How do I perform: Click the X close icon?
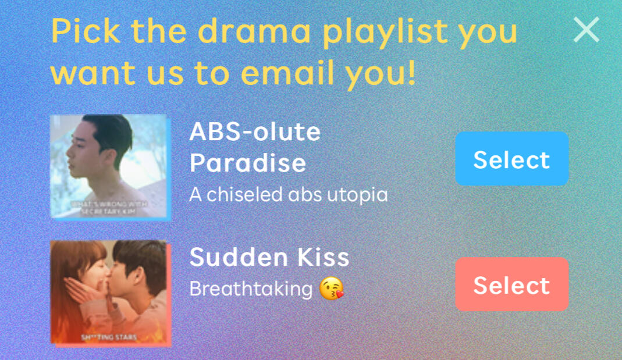click(587, 29)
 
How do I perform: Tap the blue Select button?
click(511, 159)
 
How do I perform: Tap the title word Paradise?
click(247, 163)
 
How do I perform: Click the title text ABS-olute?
click(255, 131)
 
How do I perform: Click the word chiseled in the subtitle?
click(244, 194)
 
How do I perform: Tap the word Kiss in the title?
click(324, 257)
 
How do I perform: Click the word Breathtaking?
click(251, 289)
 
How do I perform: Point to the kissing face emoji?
click(332, 288)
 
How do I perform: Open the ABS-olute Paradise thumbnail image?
click(111, 167)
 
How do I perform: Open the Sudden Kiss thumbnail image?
click(111, 293)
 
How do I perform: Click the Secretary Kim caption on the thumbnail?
click(109, 208)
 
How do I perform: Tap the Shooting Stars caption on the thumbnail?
click(109, 337)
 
